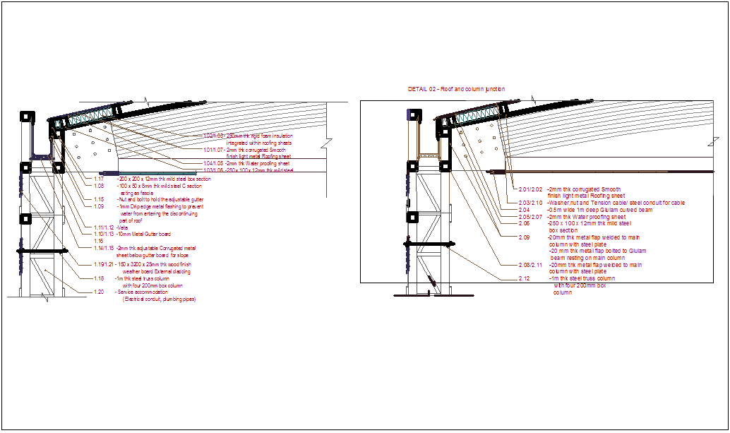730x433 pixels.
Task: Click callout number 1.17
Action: tap(99, 179)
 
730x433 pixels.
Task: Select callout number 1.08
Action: tap(99, 186)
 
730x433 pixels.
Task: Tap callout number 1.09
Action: tap(99, 206)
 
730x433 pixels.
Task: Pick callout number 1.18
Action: tap(99, 278)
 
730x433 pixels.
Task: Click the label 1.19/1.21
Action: tap(103, 264)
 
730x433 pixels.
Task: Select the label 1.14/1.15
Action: tap(103, 248)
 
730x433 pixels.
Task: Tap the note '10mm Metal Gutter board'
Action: tap(144, 234)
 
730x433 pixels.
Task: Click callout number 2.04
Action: tap(524, 210)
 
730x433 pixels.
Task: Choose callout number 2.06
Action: tap(524, 223)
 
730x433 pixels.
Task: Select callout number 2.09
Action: tap(524, 237)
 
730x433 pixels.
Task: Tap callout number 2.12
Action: tap(524, 278)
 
